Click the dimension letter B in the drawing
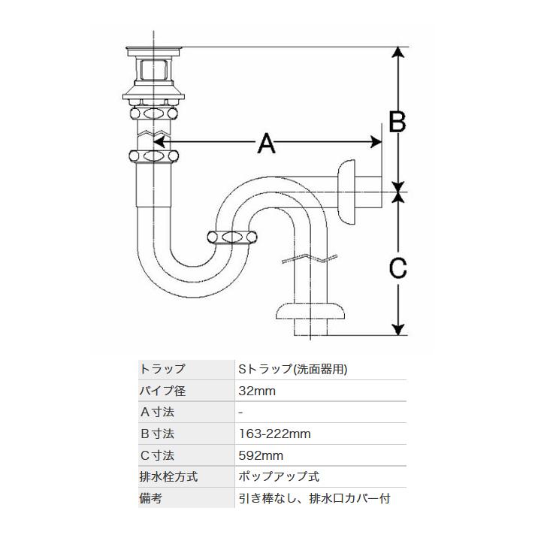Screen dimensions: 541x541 [x=397, y=120]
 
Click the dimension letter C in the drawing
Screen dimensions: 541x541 [x=397, y=265]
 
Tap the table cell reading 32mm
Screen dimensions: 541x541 [x=257, y=391]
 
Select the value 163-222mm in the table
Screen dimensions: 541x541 [x=274, y=434]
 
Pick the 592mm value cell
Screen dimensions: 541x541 [x=260, y=455]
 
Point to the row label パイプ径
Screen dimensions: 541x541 [x=162, y=391]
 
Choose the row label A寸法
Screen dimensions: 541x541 [x=158, y=412]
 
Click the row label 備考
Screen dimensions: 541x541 [x=152, y=497]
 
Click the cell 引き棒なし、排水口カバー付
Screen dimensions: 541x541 [x=313, y=497]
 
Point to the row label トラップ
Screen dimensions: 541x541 [x=162, y=369]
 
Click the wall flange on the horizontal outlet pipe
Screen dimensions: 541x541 [x=346, y=187]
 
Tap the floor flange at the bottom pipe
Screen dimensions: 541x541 [x=311, y=310]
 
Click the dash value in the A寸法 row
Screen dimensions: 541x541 [x=240, y=412]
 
